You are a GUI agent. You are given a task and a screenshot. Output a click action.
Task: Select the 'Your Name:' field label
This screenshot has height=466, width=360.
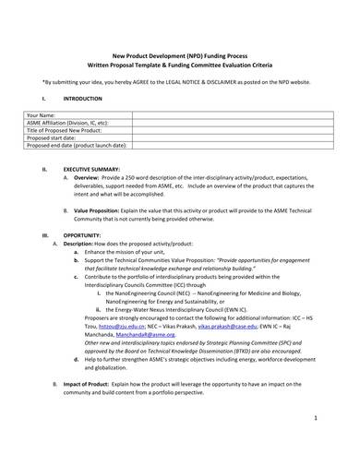pyautogui.click(x=46, y=115)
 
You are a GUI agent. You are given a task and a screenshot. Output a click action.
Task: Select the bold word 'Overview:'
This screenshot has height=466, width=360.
pyautogui.click(x=101, y=177)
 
